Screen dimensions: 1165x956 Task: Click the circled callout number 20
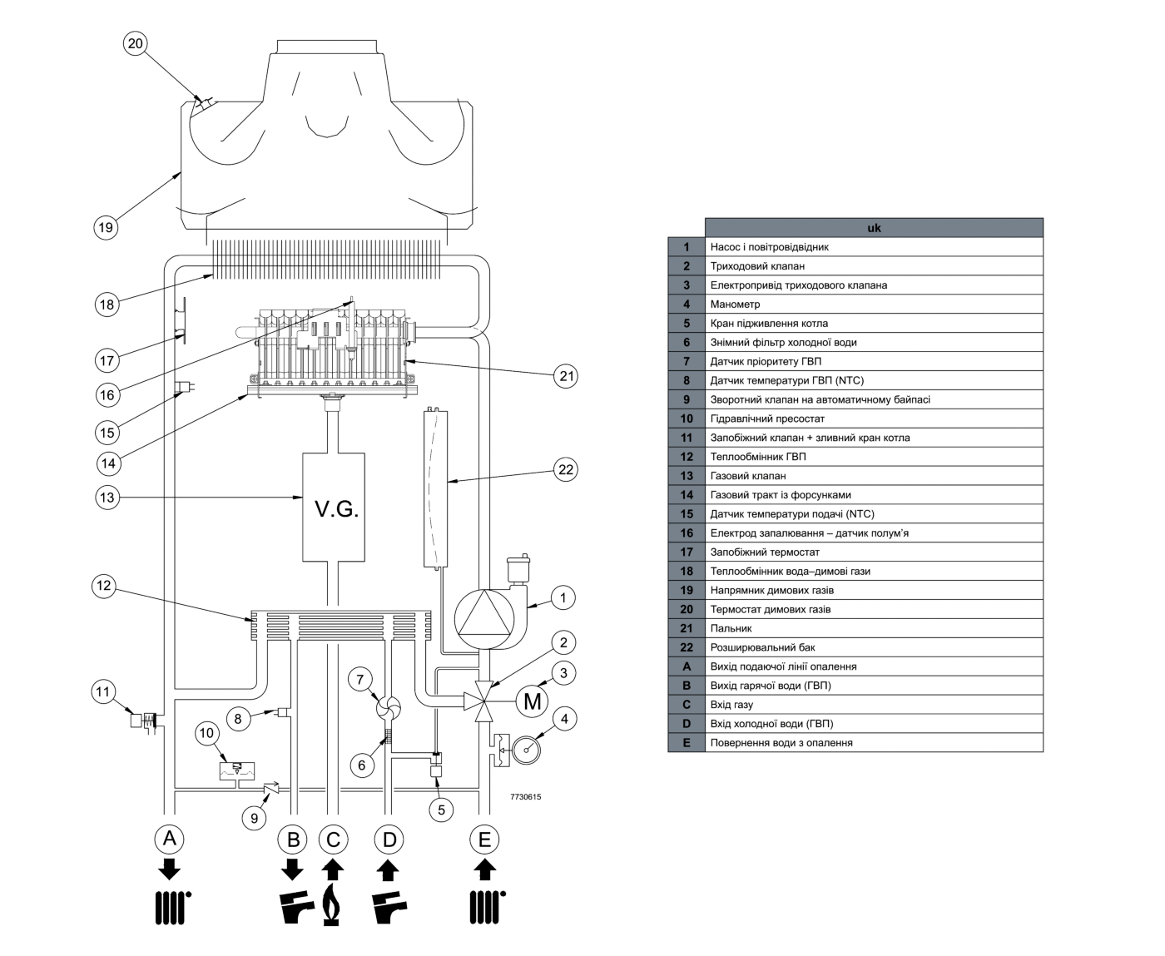pyautogui.click(x=136, y=43)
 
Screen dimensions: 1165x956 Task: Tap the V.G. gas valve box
pyautogui.click(x=334, y=507)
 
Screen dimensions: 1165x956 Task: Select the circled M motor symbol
pyautogui.click(x=532, y=701)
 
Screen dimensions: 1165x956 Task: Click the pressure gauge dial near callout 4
pyautogui.click(x=527, y=750)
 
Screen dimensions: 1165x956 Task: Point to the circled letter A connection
pyautogui.click(x=170, y=839)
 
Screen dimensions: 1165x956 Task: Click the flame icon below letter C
pyautogui.click(x=331, y=904)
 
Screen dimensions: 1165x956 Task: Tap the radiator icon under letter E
pyautogui.click(x=487, y=907)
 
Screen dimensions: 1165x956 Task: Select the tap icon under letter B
pyautogui.click(x=296, y=906)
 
